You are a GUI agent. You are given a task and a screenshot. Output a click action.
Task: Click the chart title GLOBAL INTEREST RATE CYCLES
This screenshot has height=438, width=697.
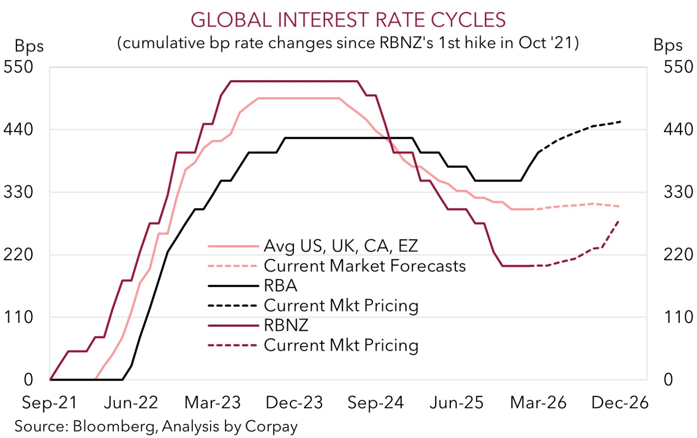[348, 20]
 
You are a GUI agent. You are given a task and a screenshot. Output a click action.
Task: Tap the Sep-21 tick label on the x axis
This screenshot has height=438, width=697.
[50, 403]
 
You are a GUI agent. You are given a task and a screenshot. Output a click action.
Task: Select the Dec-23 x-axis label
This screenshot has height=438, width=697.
[294, 403]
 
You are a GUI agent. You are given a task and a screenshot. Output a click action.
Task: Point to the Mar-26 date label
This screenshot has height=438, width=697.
[538, 403]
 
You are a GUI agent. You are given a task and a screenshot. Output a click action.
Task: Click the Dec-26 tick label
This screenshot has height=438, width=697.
[619, 403]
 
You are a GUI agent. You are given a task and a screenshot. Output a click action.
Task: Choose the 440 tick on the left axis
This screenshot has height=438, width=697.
[18, 130]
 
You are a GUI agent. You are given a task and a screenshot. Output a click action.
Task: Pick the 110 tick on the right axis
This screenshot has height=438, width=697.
[679, 317]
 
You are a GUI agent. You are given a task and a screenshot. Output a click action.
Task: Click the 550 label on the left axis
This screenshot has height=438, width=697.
[18, 67]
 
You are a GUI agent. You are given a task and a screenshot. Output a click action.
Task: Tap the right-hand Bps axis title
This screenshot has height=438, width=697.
[668, 45]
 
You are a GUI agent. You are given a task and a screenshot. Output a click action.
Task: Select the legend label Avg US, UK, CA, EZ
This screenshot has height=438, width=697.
[341, 246]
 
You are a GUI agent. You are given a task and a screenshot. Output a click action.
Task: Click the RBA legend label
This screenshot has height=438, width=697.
[281, 286]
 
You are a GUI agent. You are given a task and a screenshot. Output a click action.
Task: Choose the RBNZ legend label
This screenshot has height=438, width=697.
[286, 325]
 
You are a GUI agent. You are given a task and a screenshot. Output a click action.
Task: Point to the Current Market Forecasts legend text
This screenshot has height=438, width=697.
[365, 266]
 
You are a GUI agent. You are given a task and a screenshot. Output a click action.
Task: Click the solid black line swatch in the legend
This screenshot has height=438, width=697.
[233, 286]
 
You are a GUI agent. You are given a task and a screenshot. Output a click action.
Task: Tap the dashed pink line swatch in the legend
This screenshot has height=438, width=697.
[233, 266]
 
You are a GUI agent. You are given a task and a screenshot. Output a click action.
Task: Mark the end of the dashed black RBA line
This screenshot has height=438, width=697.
[621, 121]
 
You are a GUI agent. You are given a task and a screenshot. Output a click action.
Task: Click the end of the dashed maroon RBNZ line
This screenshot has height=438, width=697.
[618, 221]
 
